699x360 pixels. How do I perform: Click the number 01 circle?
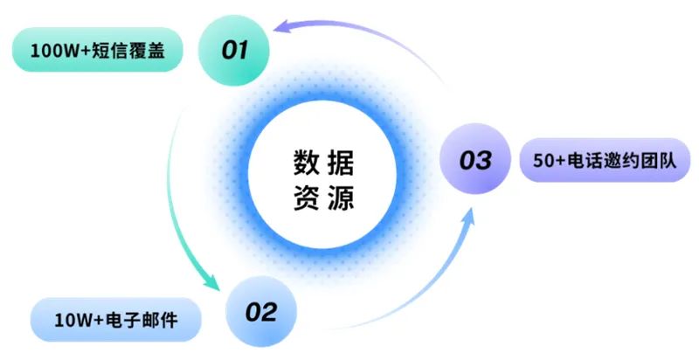pos(234,51)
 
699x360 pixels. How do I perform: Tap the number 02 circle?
pos(260,312)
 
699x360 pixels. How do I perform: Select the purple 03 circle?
pos(476,161)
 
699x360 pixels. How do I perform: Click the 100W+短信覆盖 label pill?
pos(98,51)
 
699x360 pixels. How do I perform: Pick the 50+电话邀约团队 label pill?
pos(604,161)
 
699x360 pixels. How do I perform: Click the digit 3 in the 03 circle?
pos(485,161)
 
